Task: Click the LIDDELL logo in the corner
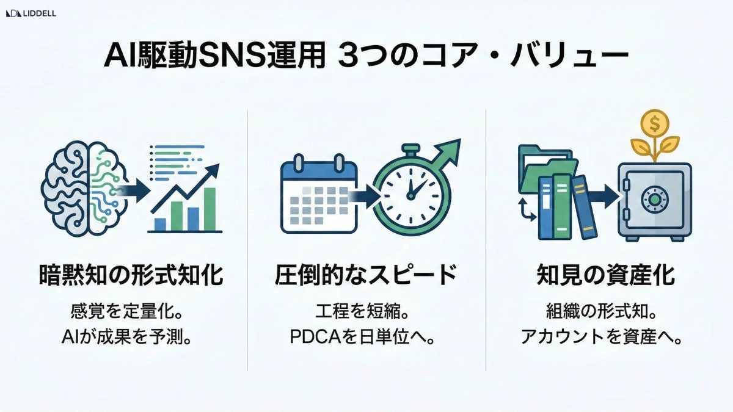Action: coord(31,13)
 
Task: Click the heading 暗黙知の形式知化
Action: coord(131,276)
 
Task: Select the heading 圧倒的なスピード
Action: coord(366,276)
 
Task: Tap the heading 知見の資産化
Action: coord(605,276)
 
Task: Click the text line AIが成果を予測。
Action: coord(131,338)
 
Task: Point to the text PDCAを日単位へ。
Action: coord(366,338)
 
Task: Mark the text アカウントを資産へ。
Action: coord(601,338)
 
